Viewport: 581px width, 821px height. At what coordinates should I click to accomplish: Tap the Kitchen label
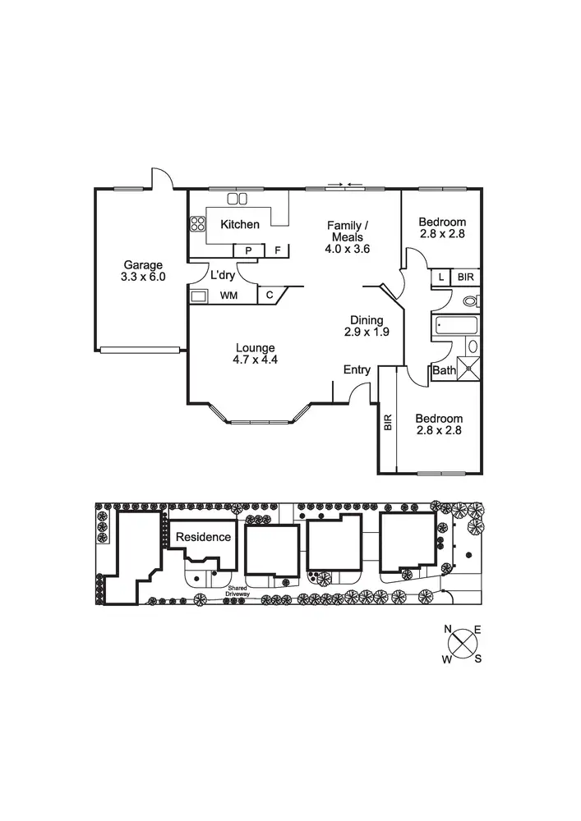[239, 224]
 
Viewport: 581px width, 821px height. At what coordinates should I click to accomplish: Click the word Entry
[357, 370]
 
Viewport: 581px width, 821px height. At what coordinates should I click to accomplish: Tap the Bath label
[444, 371]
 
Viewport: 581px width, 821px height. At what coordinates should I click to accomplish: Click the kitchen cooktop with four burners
[198, 224]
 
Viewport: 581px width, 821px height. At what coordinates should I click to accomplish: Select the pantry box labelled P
[249, 250]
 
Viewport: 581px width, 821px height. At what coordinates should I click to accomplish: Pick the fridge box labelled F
[278, 250]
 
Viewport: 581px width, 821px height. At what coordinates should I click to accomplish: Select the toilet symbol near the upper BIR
[471, 301]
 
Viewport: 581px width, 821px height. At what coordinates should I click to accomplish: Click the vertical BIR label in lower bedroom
[388, 422]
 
